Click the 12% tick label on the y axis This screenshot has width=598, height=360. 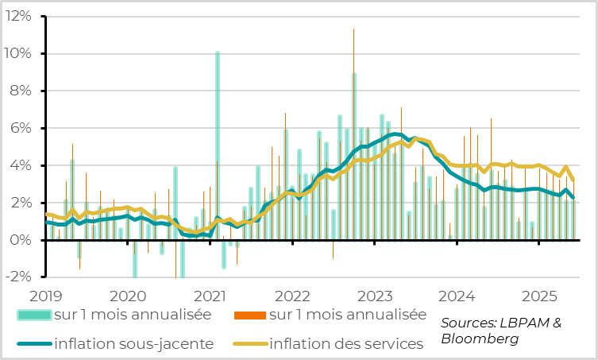coord(16,16)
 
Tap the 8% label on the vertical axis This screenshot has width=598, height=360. coord(20,91)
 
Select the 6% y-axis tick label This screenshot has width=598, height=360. coord(20,128)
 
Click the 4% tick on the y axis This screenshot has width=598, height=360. coord(20,165)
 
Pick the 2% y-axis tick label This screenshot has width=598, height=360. coord(20,203)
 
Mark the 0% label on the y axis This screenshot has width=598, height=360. coord(20,240)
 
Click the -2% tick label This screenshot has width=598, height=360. coord(17,277)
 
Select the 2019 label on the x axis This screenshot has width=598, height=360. coord(46,296)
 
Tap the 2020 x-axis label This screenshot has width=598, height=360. coord(129,296)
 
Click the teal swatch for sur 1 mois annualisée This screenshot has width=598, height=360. coord(33,315)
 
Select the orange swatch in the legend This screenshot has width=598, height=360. coord(249,315)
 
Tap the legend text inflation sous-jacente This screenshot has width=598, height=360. coord(133,344)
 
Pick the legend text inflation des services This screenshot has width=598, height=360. coord(346,344)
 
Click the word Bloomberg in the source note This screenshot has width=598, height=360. coord(480,339)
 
